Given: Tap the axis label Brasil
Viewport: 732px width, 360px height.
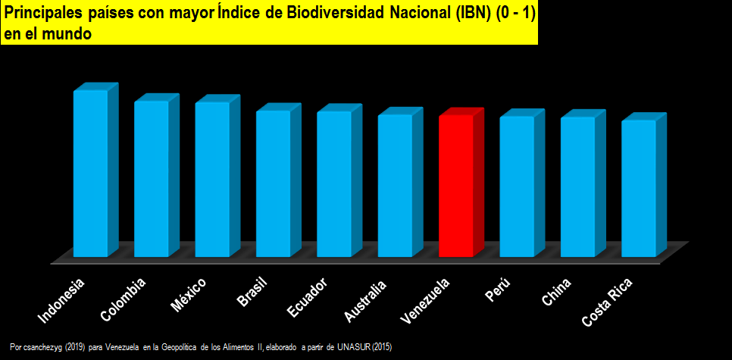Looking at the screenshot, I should click(252, 294).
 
